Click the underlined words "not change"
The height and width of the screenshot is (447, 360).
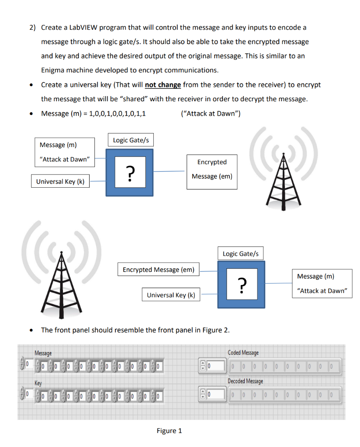point(163,85)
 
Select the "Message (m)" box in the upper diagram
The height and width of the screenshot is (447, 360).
point(65,151)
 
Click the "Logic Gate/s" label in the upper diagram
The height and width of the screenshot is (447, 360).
point(131,140)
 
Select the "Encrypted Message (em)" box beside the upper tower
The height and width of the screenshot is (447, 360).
point(212,169)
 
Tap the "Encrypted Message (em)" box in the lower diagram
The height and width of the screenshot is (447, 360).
point(158,270)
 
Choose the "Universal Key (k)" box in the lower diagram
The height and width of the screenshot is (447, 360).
point(171,295)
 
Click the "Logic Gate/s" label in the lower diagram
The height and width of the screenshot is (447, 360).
point(241,254)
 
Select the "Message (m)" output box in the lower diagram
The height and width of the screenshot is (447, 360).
point(322,283)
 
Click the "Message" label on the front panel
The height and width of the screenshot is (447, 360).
point(43,353)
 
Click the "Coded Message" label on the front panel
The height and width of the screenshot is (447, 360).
point(243,353)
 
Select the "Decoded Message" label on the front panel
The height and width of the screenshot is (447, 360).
point(245,381)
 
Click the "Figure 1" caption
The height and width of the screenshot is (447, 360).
point(169,431)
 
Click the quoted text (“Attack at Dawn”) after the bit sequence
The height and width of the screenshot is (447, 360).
point(210,113)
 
